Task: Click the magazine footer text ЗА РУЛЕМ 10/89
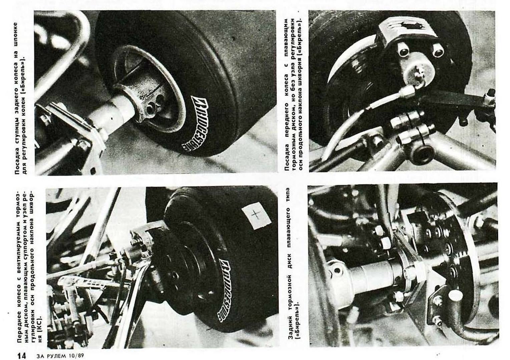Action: [60, 356]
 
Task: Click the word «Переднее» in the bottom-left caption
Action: [20, 320]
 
